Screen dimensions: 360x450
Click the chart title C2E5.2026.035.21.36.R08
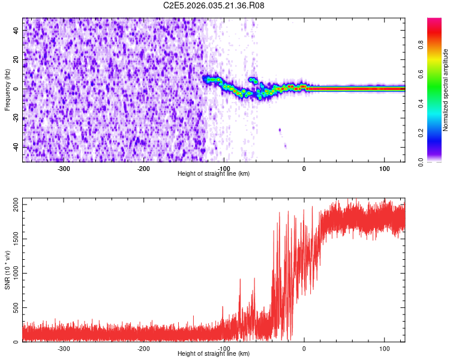[214, 5]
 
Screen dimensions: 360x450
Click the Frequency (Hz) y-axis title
[7, 90]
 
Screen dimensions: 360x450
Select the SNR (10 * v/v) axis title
[8, 270]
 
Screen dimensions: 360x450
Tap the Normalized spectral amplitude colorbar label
[446, 90]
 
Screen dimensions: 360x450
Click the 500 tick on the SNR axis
[15, 308]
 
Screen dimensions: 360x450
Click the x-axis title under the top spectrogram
[214, 174]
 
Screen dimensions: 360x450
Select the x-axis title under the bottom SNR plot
[214, 354]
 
